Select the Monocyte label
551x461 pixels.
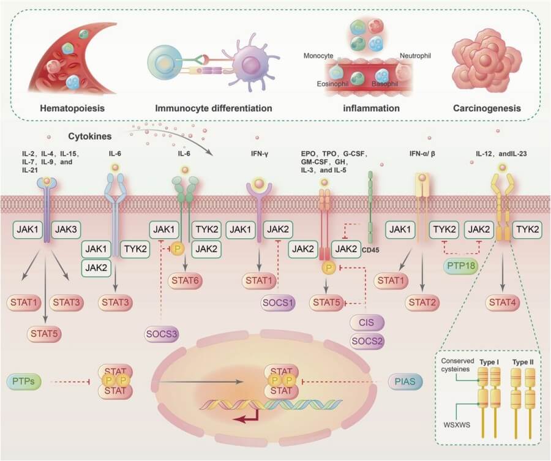tap(318, 56)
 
